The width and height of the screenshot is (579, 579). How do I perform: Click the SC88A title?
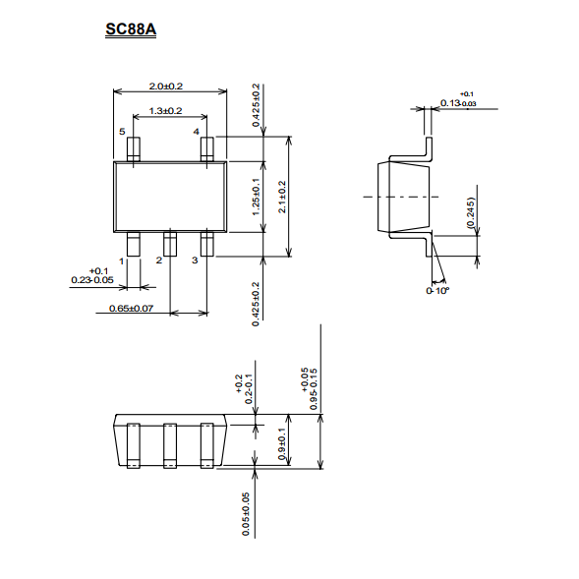[x=131, y=29]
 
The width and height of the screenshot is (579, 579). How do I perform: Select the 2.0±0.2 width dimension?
[x=166, y=87]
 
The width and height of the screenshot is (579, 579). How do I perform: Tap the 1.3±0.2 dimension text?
[x=165, y=111]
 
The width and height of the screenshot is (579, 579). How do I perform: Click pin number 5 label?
[x=122, y=132]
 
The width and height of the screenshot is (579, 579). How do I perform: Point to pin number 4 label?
[x=196, y=132]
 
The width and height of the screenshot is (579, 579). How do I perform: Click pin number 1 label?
[x=122, y=261]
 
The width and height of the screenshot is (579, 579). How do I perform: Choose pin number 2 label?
[x=159, y=261]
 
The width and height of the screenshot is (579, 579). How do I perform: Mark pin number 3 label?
[x=195, y=261]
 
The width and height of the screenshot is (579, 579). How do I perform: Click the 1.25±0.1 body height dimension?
[x=256, y=197]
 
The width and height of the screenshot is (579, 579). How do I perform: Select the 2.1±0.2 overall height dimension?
[x=282, y=197]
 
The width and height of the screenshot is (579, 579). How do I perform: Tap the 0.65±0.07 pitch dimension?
[x=131, y=309]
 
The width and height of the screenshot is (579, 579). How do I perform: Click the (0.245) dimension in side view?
[x=470, y=212]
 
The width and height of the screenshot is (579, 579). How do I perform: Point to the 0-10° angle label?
[x=437, y=291]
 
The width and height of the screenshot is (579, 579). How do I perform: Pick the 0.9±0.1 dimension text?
[x=282, y=444]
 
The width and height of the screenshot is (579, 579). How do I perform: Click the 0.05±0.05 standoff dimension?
[x=246, y=514]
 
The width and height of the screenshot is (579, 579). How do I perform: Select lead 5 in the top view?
[x=134, y=149]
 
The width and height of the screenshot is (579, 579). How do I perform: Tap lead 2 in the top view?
[x=170, y=244]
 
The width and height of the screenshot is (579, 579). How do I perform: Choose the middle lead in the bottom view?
[x=170, y=445]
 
